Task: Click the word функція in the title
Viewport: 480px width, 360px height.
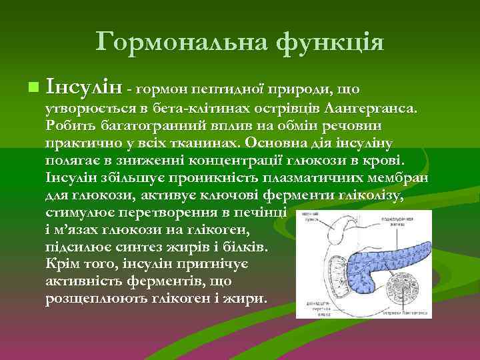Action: (x=329, y=42)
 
